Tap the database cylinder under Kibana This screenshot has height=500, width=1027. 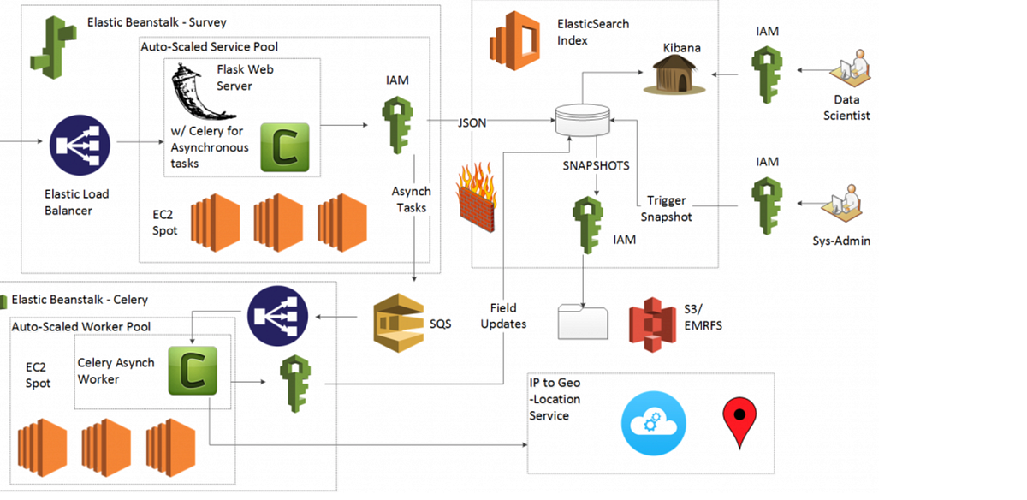click(582, 119)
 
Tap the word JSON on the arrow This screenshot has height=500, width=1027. click(472, 123)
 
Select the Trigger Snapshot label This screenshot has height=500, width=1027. click(666, 208)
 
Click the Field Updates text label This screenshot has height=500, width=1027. click(503, 315)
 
